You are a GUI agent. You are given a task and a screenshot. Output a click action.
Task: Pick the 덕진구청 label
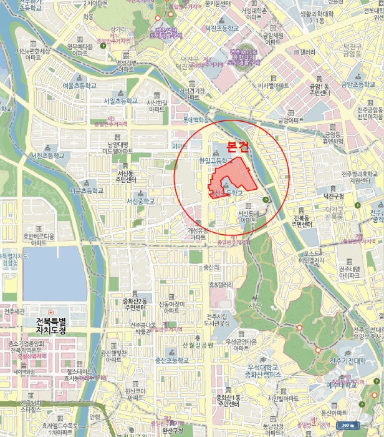[x=334, y=195]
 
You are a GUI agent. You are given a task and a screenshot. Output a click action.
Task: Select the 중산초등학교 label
[x=171, y=360]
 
